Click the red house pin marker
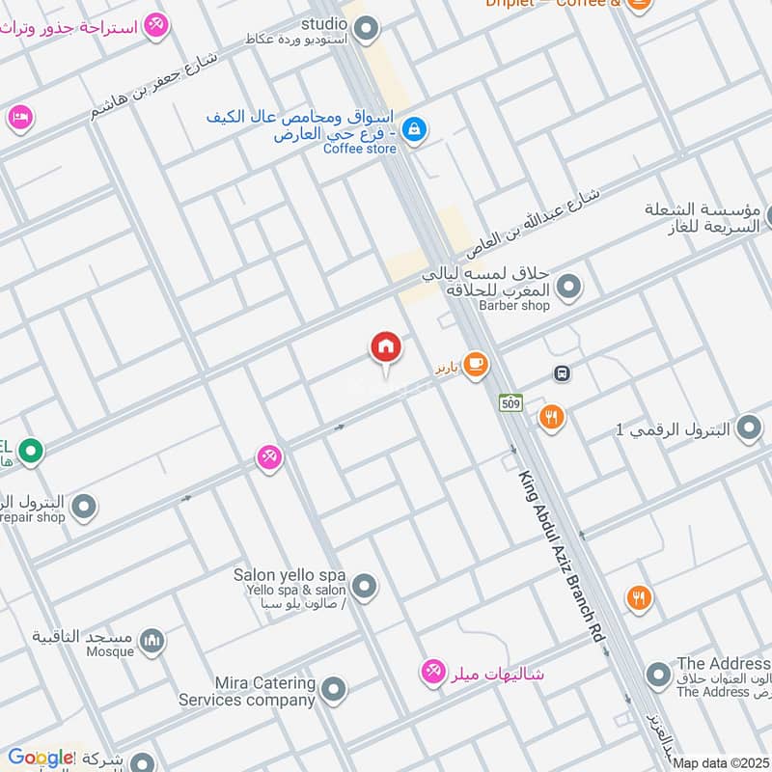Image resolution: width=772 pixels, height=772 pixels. click(386, 348)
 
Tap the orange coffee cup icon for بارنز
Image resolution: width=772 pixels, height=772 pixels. click(475, 364)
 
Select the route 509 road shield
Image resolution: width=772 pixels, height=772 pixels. click(509, 401)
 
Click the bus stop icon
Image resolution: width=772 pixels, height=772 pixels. click(562, 372)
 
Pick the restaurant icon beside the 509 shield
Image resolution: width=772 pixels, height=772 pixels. click(551, 417)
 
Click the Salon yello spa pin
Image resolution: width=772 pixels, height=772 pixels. click(364, 585)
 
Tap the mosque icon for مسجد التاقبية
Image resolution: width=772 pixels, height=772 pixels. click(152, 640)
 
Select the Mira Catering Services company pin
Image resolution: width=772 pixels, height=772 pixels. click(333, 689)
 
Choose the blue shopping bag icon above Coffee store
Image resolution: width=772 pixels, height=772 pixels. click(414, 128)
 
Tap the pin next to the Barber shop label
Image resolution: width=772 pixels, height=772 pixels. click(569, 286)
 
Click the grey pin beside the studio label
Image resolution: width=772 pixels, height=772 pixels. click(365, 31)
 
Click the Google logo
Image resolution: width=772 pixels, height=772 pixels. click(41, 758)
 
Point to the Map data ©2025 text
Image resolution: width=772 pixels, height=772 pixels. click(721, 763)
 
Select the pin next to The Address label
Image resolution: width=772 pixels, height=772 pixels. click(658, 675)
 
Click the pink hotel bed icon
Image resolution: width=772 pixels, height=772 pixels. click(18, 118)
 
